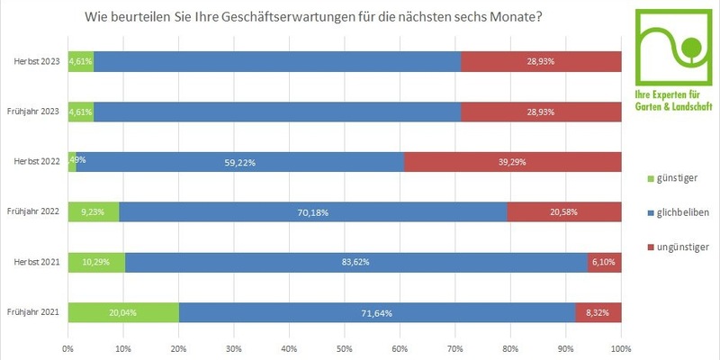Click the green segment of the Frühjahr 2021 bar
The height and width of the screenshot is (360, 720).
click(x=123, y=312)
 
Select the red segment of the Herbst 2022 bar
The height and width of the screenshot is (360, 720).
click(x=513, y=161)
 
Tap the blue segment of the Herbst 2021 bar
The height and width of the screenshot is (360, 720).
click(x=355, y=262)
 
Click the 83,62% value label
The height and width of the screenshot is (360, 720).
click(x=356, y=262)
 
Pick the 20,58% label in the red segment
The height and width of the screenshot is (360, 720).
click(x=563, y=211)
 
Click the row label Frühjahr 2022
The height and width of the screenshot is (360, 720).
click(x=33, y=211)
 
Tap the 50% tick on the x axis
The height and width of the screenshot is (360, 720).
click(x=345, y=346)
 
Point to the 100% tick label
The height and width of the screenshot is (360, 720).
click(x=620, y=346)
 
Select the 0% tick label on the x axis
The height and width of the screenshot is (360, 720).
click(x=68, y=346)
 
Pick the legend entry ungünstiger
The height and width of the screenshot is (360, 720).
click(x=683, y=246)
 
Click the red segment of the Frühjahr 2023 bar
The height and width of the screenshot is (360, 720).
click(x=541, y=111)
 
